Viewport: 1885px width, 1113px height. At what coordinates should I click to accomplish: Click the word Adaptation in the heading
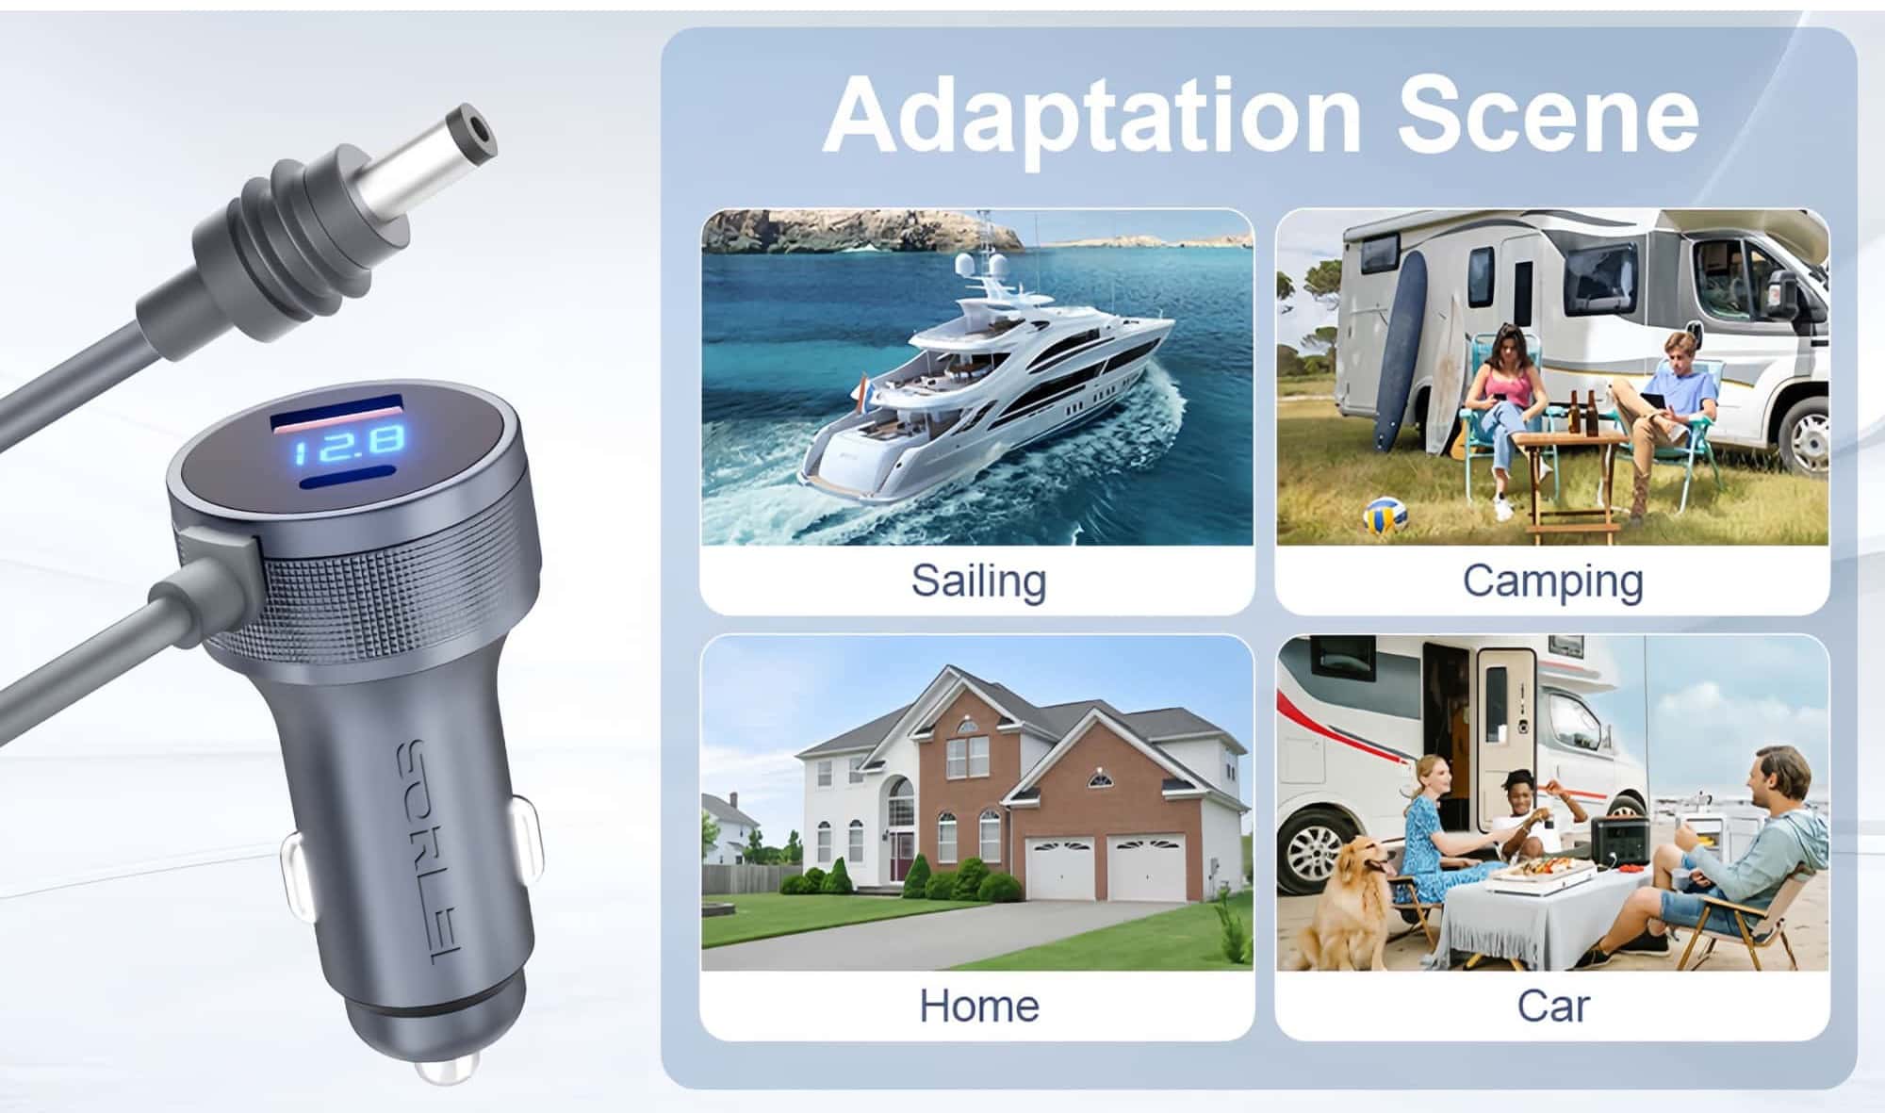[x=1092, y=117]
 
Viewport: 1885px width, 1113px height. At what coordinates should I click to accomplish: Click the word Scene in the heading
[x=1548, y=115]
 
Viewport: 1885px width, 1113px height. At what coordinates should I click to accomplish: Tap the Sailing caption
[x=978, y=581]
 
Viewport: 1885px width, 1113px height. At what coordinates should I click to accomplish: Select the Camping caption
[x=1552, y=581]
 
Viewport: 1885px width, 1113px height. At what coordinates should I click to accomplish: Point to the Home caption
[x=978, y=1006]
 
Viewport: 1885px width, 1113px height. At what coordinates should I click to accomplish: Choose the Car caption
[x=1552, y=1006]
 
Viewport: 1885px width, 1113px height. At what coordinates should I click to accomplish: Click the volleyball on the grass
[x=1385, y=515]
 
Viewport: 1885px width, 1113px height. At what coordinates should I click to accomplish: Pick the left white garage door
[x=1060, y=866]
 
